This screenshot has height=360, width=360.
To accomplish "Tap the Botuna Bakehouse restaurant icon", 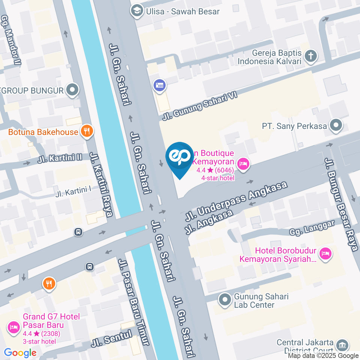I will click(87, 131).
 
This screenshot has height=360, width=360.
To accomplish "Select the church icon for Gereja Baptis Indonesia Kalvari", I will click(310, 57).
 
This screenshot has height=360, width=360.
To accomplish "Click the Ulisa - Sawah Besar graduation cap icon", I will click(135, 11).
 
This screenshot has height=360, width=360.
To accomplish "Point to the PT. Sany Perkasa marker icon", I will click(336, 126).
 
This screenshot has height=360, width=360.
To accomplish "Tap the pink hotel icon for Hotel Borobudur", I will click(326, 254).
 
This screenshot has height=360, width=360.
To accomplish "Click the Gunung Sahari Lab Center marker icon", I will click(225, 300).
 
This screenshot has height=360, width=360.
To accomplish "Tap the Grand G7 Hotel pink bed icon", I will click(13, 327).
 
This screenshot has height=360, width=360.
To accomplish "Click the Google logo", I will click(20, 352).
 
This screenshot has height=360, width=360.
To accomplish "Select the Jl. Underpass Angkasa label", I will click(236, 201).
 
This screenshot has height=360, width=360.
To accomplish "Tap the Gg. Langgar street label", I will click(312, 228).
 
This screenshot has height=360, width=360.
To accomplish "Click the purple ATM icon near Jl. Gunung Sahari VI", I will click(159, 85).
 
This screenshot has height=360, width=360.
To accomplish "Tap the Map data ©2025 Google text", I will click(323, 355).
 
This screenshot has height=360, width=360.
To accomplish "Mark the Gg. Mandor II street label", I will click(10, 40).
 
